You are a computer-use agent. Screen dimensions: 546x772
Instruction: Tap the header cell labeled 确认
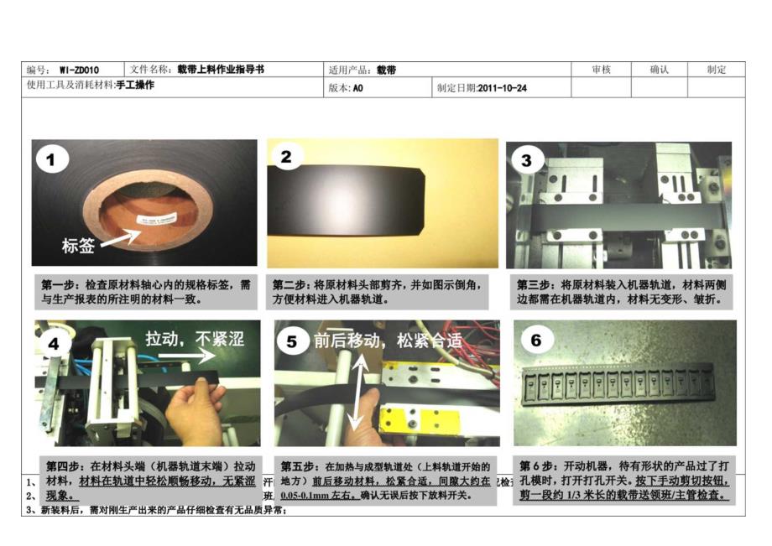coord(659,70)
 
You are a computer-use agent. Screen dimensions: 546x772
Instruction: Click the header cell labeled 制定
coord(716,70)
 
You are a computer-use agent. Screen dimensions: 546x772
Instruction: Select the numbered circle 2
coord(286,157)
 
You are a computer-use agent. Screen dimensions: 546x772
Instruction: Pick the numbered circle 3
coord(526,159)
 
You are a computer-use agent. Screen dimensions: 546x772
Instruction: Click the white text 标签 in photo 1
coord(80,247)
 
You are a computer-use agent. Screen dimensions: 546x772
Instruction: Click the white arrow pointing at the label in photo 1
coord(122,238)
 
